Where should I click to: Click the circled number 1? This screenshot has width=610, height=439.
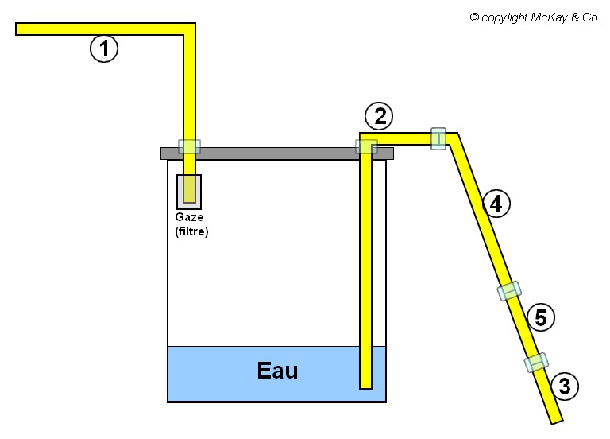pos(104,49)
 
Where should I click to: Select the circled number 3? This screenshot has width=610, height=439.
pos(565,387)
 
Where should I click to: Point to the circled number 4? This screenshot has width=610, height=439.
pos(496,204)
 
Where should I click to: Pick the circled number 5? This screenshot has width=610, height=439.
pos(540,318)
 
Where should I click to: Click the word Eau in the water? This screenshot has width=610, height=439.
pos(277,371)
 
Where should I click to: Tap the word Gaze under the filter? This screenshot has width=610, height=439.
pos(189,217)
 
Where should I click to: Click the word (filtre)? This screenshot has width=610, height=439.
pos(191,231)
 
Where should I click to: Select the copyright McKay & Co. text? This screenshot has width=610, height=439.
pos(535,17)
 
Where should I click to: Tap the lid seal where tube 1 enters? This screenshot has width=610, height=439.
pos(189,146)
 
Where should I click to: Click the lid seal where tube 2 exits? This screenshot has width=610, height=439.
pos(366,146)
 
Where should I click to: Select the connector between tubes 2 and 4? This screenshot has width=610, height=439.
pos(438,138)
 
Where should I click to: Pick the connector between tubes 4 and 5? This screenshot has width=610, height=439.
pos(510,290)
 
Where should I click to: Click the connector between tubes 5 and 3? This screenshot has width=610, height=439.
pos(537,363)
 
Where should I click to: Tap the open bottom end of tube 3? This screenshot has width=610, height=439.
pos(556,418)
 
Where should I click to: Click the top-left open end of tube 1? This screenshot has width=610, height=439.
pos(20,29)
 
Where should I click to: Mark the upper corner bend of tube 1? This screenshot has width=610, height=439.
pos(189,29)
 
